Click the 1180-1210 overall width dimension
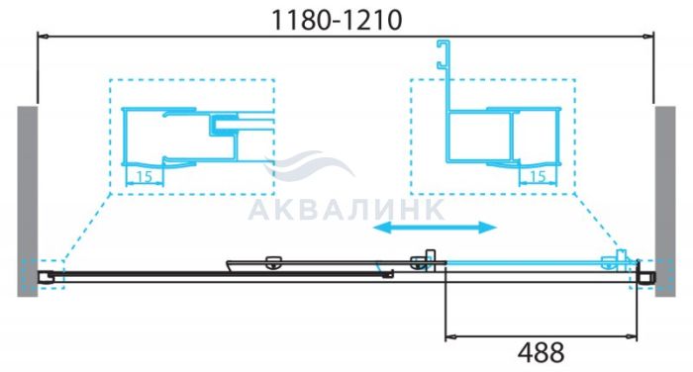[x=337, y=20]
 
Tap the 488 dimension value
[x=541, y=352]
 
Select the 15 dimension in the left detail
[x=145, y=177]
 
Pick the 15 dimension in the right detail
[x=538, y=177]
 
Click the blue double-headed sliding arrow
[x=435, y=228]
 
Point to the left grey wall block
[x=28, y=201]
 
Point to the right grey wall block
[x=665, y=201]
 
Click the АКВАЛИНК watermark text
[x=346, y=209]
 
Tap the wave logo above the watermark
[x=309, y=165]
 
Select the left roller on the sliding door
[x=273, y=262]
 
